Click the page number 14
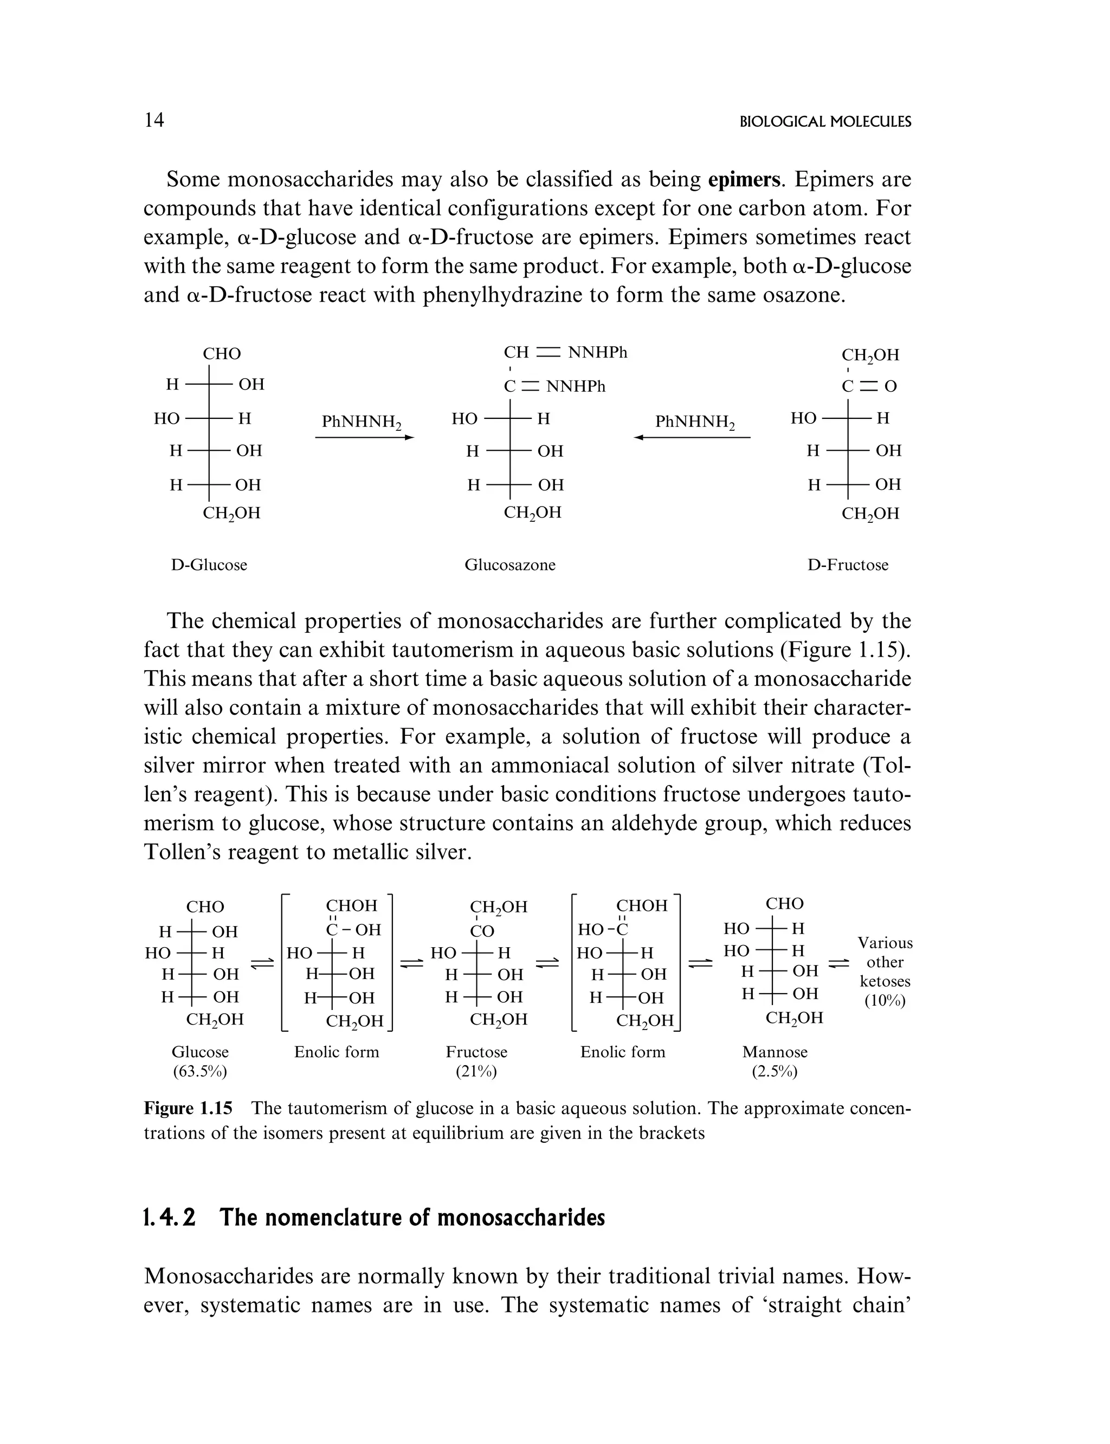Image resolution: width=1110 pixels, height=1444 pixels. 154,120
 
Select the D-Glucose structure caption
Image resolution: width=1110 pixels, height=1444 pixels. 209,565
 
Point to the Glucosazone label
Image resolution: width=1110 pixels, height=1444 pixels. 509,565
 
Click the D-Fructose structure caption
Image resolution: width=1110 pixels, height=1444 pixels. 848,565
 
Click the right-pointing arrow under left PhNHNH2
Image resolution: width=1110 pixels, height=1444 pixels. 364,437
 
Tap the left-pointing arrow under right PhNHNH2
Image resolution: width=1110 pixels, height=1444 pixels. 692,437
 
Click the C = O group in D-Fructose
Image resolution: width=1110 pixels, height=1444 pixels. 869,386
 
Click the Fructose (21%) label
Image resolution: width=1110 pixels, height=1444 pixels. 476,1061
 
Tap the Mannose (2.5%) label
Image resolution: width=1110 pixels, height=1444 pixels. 775,1061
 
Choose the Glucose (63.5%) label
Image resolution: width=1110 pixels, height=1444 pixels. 199,1061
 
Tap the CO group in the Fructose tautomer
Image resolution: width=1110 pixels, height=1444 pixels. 482,931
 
